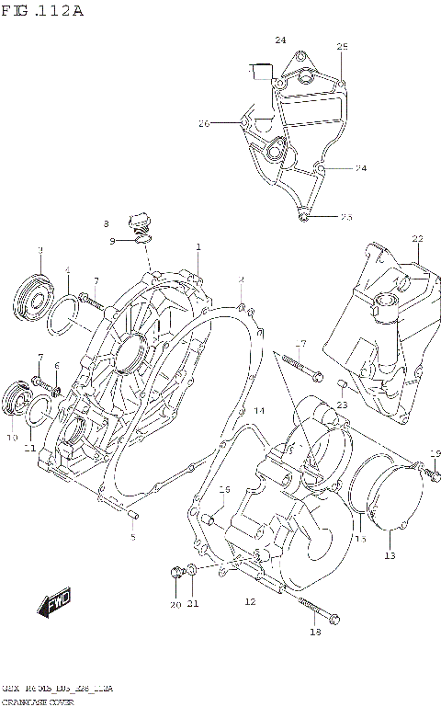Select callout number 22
417,239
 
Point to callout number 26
204,123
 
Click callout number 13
390,556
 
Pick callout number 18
315,632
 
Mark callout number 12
249,601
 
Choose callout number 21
194,604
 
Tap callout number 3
40,249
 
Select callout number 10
12,439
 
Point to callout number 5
132,536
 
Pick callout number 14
259,410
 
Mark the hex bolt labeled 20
175,575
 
